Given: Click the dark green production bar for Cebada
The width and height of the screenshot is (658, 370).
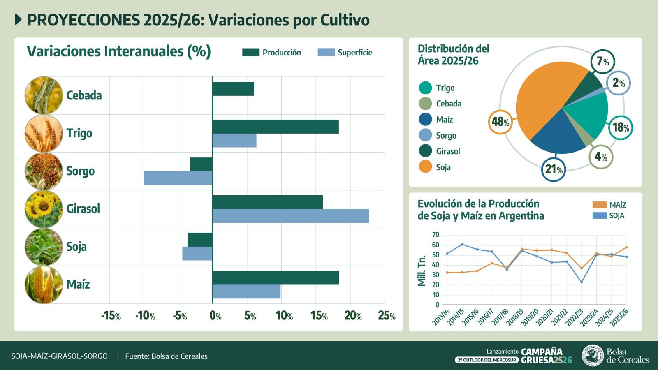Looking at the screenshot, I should tap(233, 89).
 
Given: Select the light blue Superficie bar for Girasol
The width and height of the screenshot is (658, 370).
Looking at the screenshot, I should tap(290, 216).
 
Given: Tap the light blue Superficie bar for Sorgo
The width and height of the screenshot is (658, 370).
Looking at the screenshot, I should tap(178, 178).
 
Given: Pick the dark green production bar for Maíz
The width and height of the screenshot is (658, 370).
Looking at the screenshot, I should tap(276, 278).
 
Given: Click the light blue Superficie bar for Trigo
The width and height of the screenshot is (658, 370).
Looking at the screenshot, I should tap(234, 141).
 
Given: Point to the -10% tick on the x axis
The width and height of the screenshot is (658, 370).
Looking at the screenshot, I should tap(145, 316).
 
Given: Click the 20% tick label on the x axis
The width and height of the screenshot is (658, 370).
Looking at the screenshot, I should tap(353, 316).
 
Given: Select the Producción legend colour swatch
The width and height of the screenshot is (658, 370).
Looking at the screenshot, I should tap(250, 52).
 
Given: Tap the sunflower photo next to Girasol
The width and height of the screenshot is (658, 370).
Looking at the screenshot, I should tap(44, 209).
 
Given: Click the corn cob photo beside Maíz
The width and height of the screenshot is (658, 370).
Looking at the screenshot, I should tap(44, 284).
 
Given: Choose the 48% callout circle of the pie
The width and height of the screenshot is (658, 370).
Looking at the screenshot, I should tap(500, 122).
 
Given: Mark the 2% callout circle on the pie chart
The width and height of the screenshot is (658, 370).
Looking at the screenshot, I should tap(618, 83).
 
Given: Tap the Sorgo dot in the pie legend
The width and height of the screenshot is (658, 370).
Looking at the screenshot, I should tap(425, 135).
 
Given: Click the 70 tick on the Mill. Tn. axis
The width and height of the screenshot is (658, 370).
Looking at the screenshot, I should tap(435, 235).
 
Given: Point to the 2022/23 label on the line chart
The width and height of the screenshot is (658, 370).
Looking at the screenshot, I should tap(576, 317).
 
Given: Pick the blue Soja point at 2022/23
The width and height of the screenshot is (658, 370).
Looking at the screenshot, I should tap(582, 282).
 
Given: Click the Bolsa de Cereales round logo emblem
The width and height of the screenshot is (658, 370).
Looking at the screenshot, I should tap(593, 355).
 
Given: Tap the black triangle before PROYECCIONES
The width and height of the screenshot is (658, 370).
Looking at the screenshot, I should tap(18, 19).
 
